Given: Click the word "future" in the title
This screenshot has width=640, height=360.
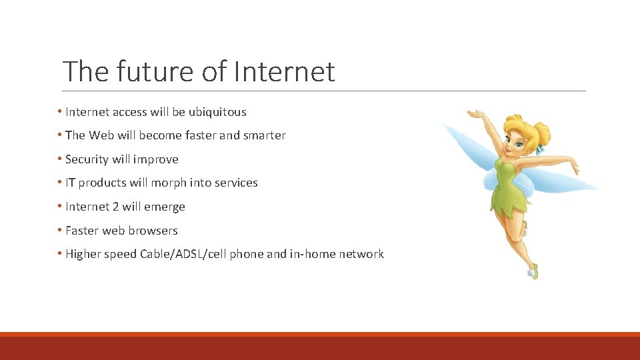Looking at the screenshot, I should click(x=153, y=71).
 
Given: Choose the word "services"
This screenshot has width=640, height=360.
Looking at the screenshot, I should click(x=235, y=183).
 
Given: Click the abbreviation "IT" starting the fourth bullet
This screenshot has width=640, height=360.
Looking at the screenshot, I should click(x=70, y=183).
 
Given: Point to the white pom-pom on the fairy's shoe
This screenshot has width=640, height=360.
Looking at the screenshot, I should click(x=531, y=273).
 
